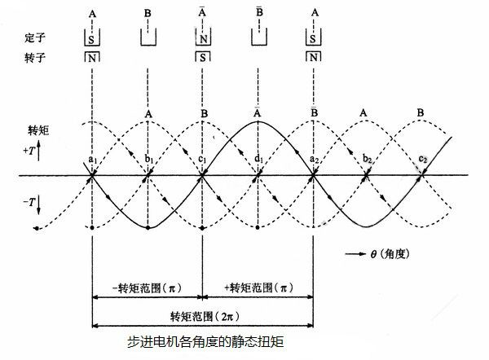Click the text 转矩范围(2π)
pyautogui.click(x=201, y=314)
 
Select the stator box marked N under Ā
pyautogui.click(x=202, y=37)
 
